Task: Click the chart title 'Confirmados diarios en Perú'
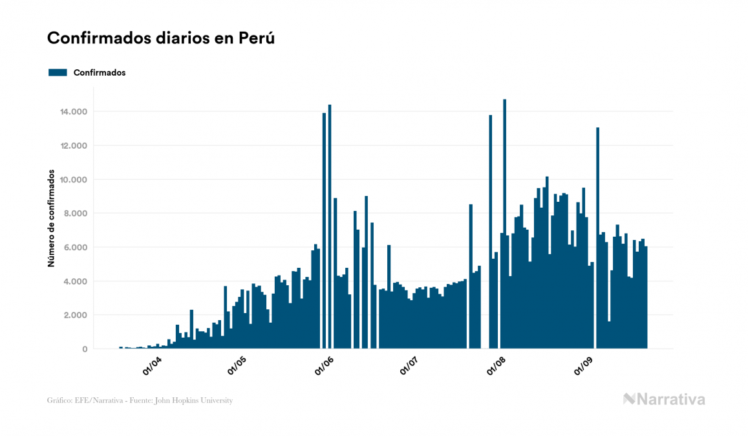(x=161, y=38)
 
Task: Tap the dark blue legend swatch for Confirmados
(x=58, y=72)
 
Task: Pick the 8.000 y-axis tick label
(x=74, y=213)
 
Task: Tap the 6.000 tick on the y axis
(x=74, y=248)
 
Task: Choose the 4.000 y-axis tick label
(x=74, y=281)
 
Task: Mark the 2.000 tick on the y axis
(x=74, y=316)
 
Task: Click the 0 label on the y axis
(x=85, y=349)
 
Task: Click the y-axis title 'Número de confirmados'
(x=50, y=220)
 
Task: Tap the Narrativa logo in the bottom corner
(x=664, y=399)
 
